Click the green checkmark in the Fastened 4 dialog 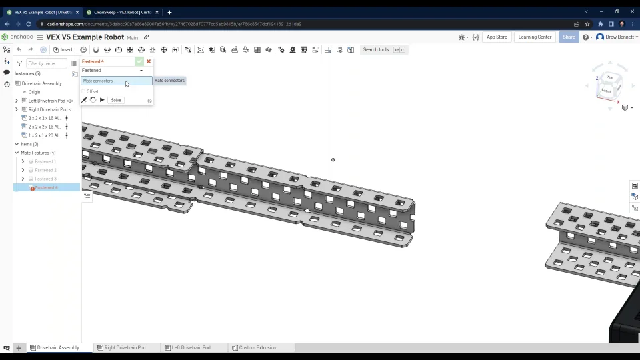139,61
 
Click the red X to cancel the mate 149,61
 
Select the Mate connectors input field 116,81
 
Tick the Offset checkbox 84,91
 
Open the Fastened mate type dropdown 113,70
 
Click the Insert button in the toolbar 63,49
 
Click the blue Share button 569,37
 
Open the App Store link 497,37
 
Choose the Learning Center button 535,37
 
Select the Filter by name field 46,63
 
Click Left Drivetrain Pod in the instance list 51,101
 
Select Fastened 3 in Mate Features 45,179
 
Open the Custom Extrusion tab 257,347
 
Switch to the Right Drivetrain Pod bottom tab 125,347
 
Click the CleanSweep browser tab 120,12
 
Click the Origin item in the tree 34,92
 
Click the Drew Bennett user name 620,37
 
